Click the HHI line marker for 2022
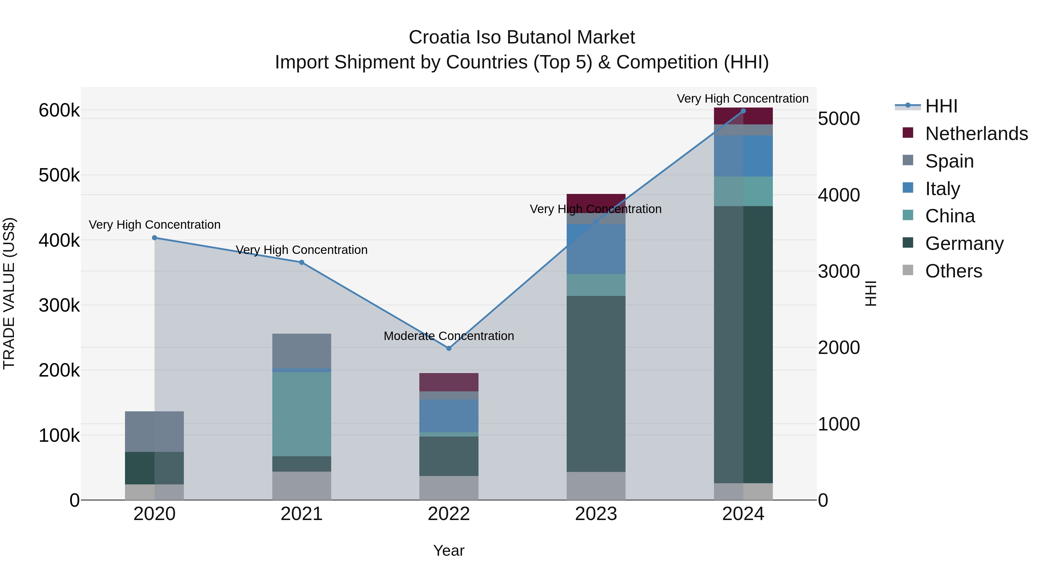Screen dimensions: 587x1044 pyautogui.click(x=449, y=348)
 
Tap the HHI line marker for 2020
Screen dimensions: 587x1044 pyautogui.click(x=154, y=238)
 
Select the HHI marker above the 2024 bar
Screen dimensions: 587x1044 pyautogui.click(x=743, y=111)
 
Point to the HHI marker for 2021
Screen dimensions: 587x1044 pyautogui.click(x=302, y=263)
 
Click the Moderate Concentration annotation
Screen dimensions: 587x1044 pyautogui.click(x=449, y=336)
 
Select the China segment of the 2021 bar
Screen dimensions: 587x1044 pyautogui.click(x=302, y=414)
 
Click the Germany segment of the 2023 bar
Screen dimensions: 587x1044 pyautogui.click(x=596, y=384)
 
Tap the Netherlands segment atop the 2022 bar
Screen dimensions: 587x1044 pyautogui.click(x=449, y=382)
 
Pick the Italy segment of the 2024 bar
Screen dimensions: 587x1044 pyautogui.click(x=743, y=156)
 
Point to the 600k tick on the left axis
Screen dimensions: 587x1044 pyautogui.click(x=59, y=110)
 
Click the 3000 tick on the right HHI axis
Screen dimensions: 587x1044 pyautogui.click(x=838, y=271)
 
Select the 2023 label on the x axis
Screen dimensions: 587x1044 pyautogui.click(x=596, y=514)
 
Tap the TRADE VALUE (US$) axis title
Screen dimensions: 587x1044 pyautogui.click(x=9, y=293)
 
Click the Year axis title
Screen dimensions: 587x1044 pyautogui.click(x=449, y=550)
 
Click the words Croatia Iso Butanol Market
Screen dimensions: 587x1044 pyautogui.click(x=522, y=37)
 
